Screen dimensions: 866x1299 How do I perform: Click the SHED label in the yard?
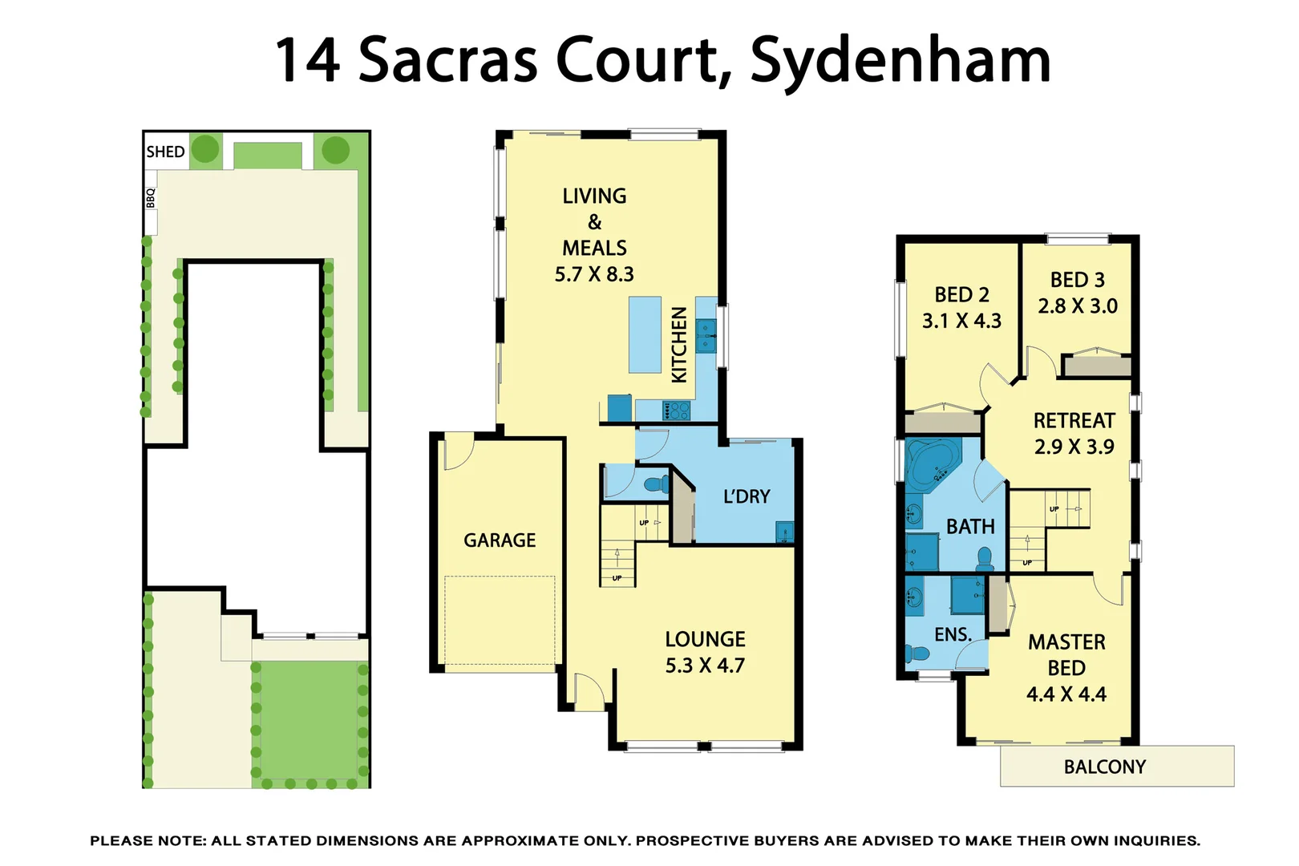coord(165,152)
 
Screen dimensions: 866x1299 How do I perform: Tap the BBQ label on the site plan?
coord(151,198)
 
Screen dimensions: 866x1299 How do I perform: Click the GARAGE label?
coord(500,540)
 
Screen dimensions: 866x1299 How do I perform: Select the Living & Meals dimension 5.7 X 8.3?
coord(594,274)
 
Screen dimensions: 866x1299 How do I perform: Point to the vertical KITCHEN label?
coord(679,345)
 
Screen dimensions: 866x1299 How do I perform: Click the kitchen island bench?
coord(645,334)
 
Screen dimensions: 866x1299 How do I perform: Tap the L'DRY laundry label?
coord(747,496)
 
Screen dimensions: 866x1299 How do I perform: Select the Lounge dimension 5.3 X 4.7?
coord(705,666)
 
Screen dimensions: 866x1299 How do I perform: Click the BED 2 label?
coord(961,294)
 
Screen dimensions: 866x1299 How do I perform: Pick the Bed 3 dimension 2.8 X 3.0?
coord(1078,306)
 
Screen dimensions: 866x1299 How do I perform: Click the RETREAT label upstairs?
coord(1074,420)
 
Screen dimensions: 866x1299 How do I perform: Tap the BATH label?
coord(970,527)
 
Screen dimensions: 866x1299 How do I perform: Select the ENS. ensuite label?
coord(953,634)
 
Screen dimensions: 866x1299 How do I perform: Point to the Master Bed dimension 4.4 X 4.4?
coord(1066,694)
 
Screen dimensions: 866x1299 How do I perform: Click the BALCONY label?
coord(1104,767)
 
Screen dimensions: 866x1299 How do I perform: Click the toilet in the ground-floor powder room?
coord(657,484)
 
